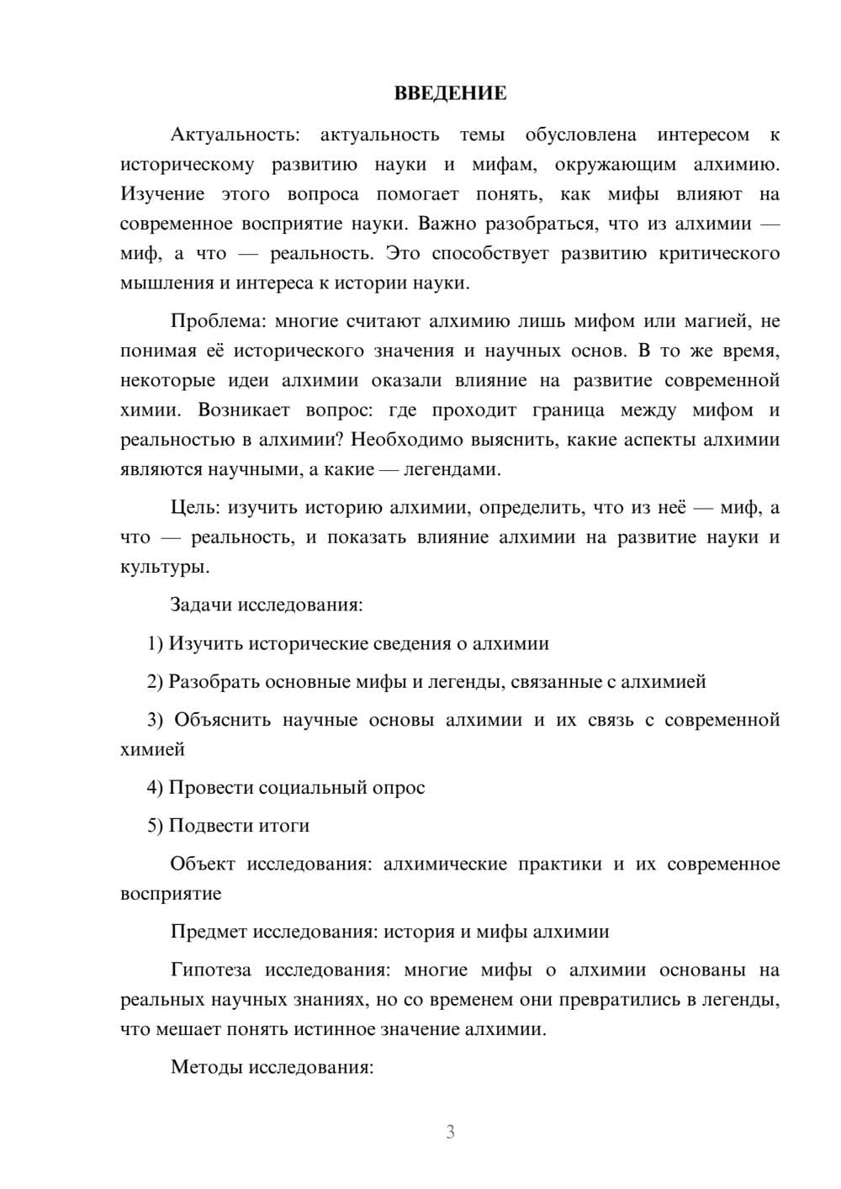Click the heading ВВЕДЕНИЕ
point(450,93)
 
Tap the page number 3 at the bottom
point(450,1132)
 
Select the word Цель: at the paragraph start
point(195,508)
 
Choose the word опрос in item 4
point(399,788)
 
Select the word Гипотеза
point(210,970)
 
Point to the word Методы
point(205,1068)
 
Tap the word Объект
point(202,864)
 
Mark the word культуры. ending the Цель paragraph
point(165,567)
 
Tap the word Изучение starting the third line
point(162,194)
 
